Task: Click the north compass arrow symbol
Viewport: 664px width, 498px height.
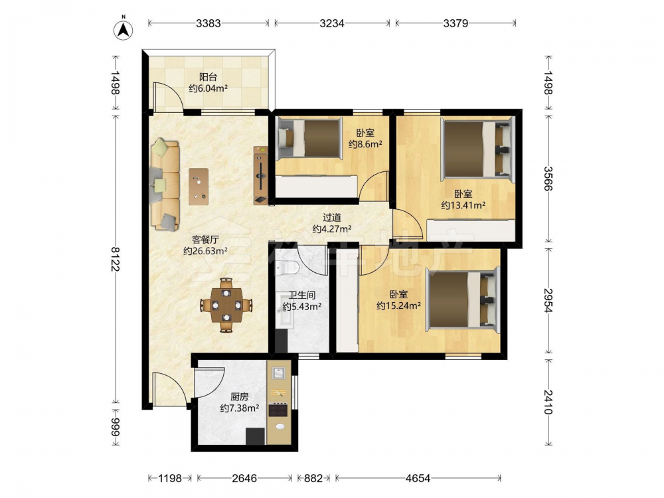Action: point(124,29)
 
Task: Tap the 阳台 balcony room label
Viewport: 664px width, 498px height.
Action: point(208,77)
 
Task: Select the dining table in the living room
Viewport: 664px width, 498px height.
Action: point(226,305)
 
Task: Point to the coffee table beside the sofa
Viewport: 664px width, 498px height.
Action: point(199,187)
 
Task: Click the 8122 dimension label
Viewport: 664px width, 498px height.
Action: point(115,259)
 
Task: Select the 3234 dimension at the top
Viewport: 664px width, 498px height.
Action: point(331,23)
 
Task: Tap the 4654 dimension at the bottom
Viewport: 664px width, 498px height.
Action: point(418,479)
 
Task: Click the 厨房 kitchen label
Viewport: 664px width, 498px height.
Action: point(239,397)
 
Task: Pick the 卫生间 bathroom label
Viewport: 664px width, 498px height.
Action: point(301,295)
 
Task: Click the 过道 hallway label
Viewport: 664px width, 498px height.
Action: point(331,218)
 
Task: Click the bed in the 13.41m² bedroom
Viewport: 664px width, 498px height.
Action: point(477,149)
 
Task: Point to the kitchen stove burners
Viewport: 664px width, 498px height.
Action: point(279,410)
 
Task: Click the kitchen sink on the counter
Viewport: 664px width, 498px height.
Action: point(278,373)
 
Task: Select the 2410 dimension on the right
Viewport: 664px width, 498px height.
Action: point(548,402)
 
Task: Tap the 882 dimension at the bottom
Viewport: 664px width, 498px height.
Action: point(313,479)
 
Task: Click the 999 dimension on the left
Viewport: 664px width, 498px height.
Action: point(115,426)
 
